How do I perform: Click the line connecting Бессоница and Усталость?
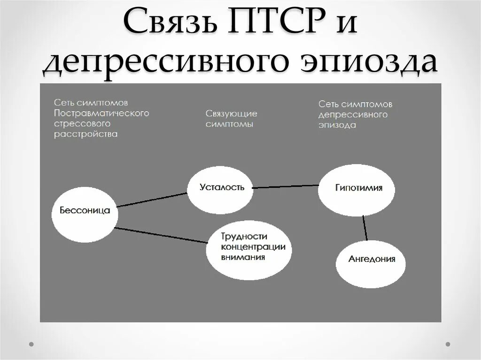151,199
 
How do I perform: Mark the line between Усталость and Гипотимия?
286,186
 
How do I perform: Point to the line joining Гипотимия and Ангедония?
365,229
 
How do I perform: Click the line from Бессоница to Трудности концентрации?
161,235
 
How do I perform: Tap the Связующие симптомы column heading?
231,119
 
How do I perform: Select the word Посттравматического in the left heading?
101,113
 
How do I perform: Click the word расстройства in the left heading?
85,134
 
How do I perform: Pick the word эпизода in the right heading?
337,125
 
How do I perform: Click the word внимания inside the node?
243,257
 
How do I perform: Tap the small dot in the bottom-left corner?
31,344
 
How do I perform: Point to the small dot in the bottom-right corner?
449,344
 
